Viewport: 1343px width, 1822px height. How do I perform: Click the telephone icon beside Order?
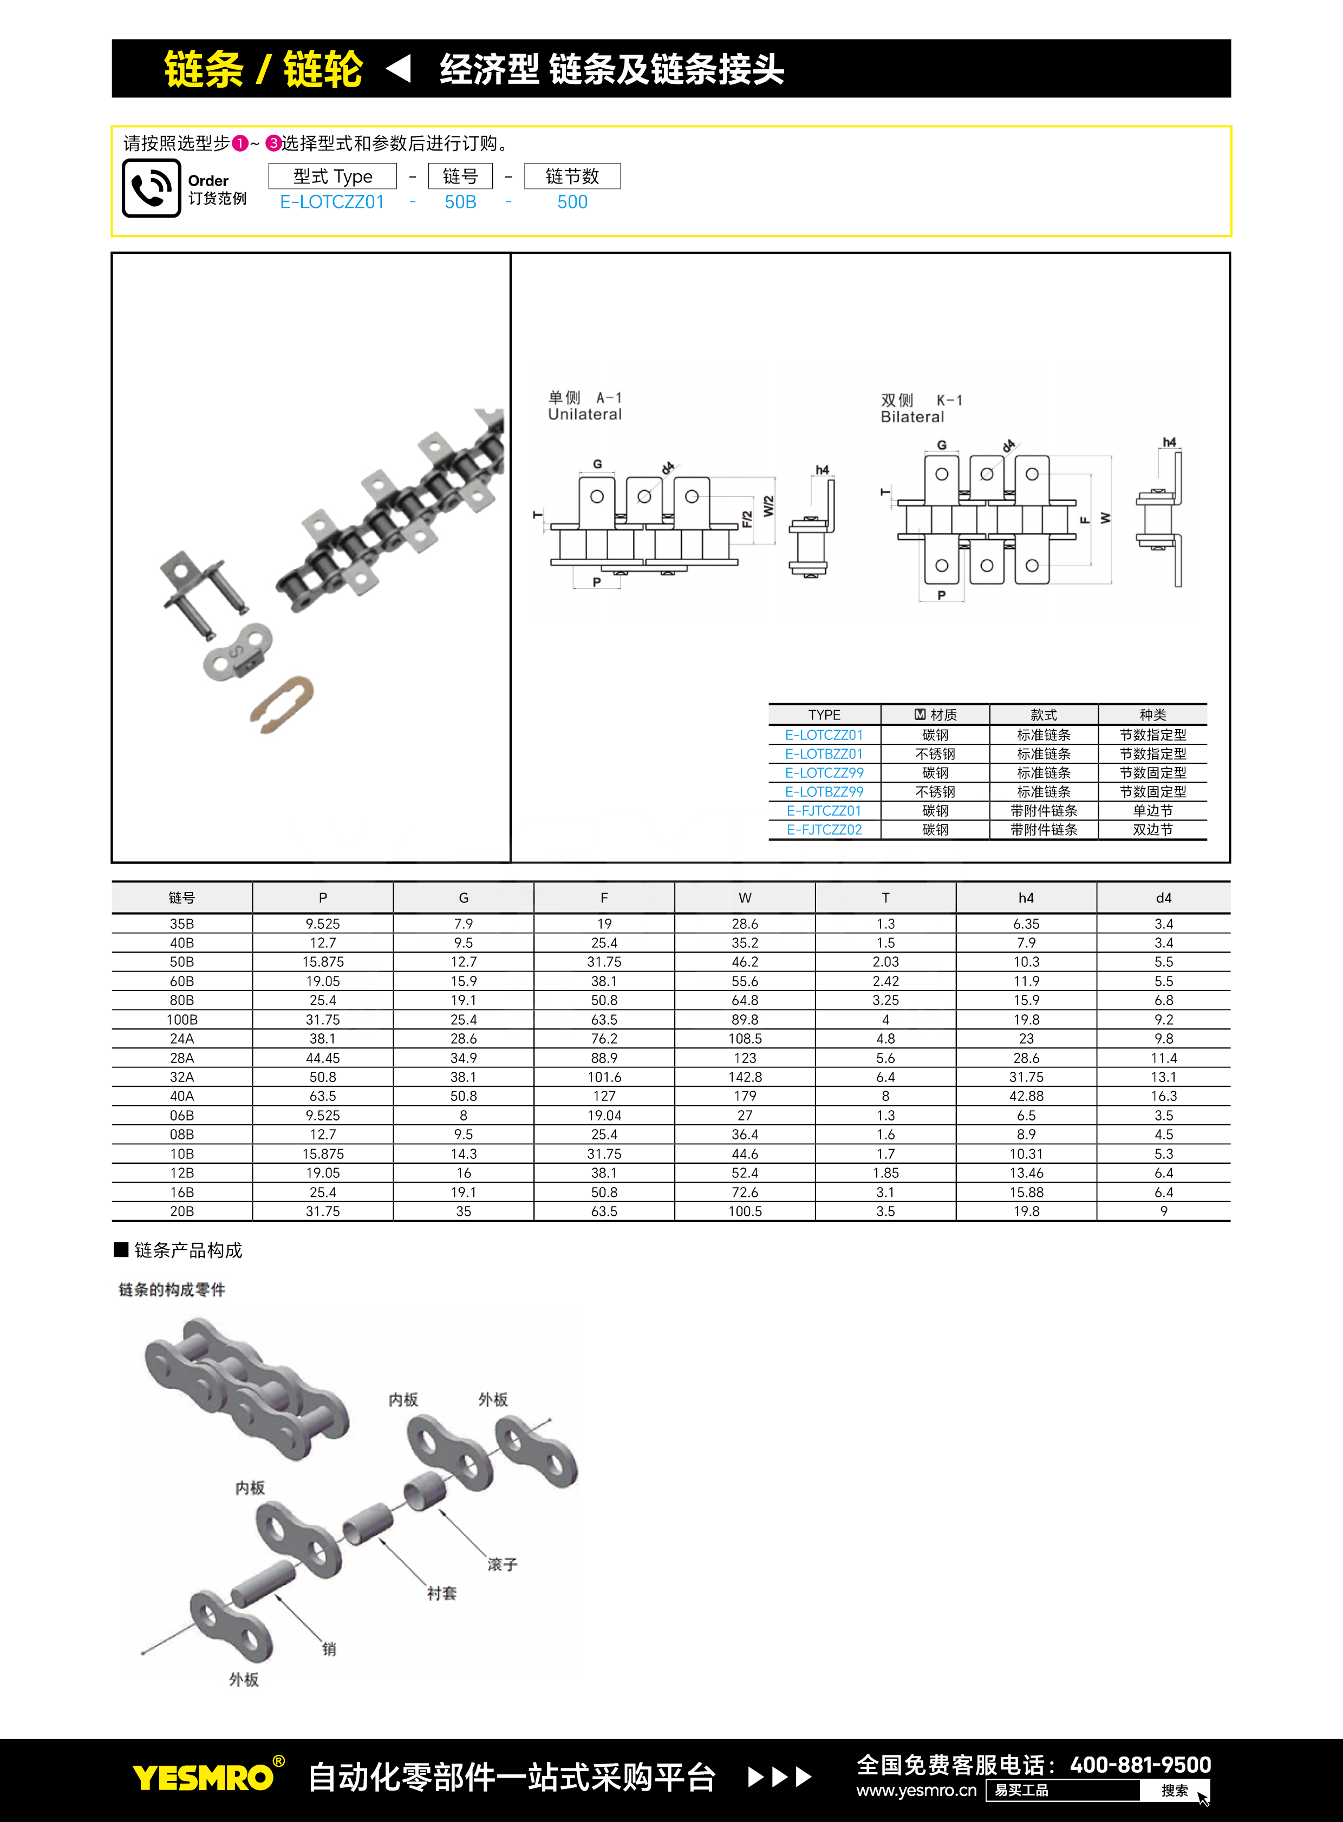pyautogui.click(x=151, y=188)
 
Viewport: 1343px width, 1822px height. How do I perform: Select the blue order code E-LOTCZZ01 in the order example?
pyautogui.click(x=331, y=202)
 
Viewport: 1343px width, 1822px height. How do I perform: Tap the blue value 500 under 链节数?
pyautogui.click(x=572, y=202)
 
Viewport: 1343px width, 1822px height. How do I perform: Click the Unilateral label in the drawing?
pyautogui.click(x=584, y=415)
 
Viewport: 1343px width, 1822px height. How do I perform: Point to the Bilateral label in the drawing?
pyautogui.click(x=912, y=417)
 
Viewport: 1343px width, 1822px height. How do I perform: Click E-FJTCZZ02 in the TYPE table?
pyautogui.click(x=824, y=830)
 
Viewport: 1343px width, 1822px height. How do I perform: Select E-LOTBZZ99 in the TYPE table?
pyautogui.click(x=824, y=791)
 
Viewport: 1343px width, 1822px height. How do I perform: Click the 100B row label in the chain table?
pyautogui.click(x=182, y=1020)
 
